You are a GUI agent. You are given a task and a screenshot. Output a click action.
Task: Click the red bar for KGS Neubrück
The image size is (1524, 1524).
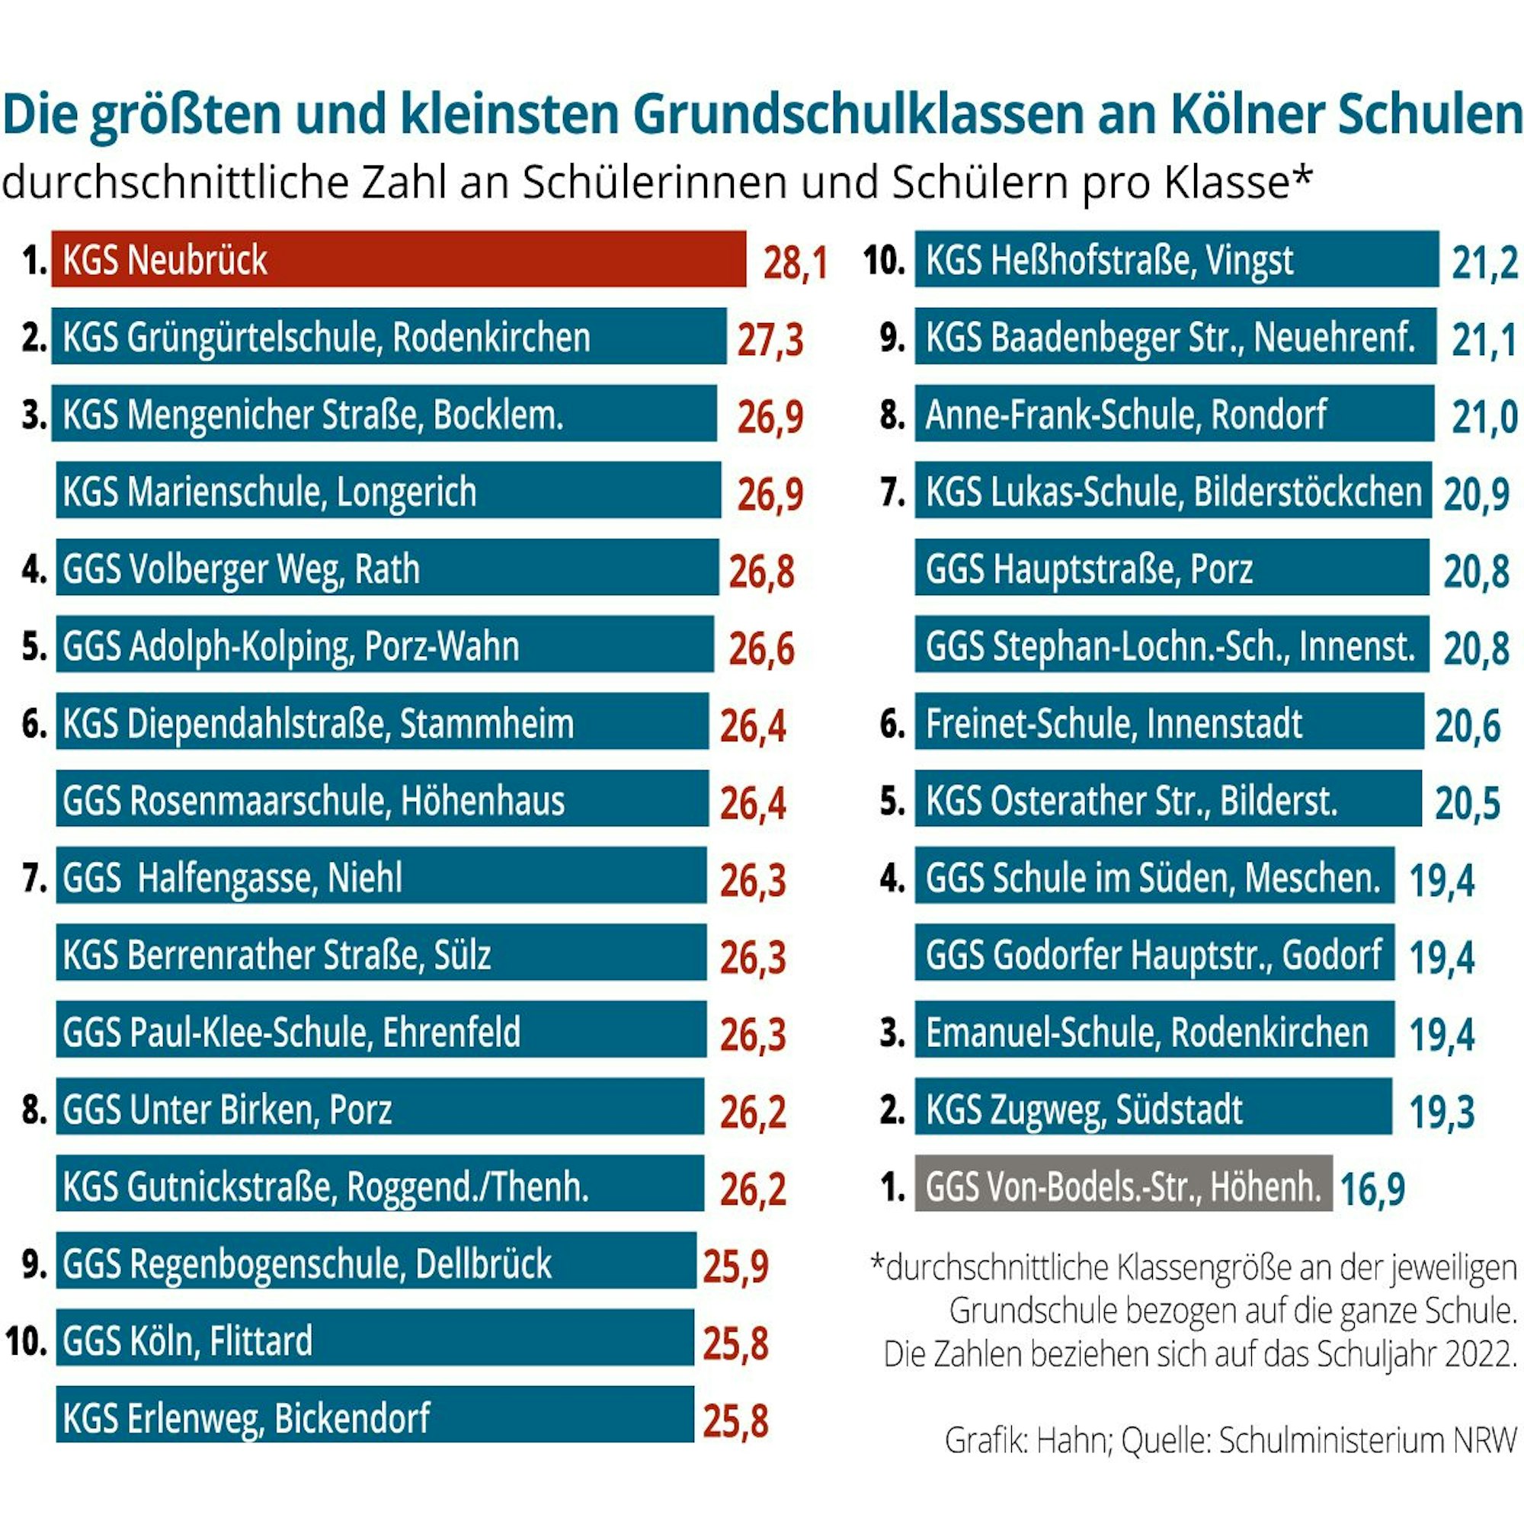399,259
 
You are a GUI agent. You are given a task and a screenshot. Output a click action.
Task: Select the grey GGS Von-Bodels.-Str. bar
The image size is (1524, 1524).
1122,1183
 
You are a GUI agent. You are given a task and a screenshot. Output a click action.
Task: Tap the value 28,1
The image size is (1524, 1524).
794,263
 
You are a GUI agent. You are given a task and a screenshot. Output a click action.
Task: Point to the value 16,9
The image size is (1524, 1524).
1372,1189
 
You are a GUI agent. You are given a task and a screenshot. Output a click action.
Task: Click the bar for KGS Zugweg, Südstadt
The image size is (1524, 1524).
1152,1106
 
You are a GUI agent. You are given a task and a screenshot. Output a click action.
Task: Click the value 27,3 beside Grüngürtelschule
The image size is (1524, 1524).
770,340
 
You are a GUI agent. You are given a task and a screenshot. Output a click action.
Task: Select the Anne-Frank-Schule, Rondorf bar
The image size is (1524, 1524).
1173,413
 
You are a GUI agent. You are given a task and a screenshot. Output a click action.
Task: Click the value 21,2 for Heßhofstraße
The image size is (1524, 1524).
1484,263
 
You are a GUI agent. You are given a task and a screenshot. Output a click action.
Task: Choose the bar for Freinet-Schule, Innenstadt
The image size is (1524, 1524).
1168,722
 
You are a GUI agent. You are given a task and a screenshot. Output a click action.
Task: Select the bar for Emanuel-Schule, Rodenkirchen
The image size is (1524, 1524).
1154,1030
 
